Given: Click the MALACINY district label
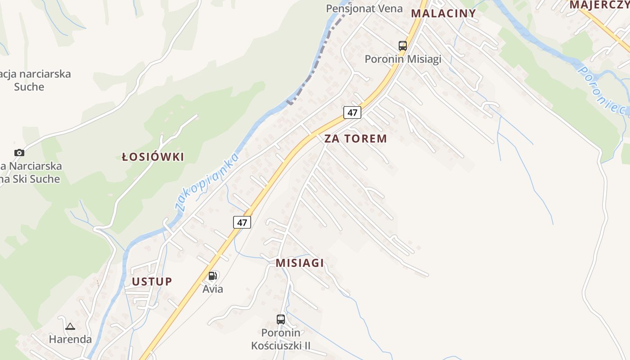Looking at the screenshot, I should click(x=443, y=13).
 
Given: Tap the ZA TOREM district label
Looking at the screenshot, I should click(x=355, y=139).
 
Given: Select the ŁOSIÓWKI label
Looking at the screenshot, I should click(x=153, y=157).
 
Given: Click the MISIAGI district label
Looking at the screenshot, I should click(x=300, y=263).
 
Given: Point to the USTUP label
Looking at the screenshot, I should click(x=152, y=282).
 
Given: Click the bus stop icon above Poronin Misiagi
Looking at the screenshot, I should click(x=402, y=45).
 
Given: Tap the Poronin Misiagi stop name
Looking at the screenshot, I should click(x=403, y=59).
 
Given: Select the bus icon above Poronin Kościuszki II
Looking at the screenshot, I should click(x=281, y=319).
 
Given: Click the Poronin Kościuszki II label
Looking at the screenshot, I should click(x=281, y=339).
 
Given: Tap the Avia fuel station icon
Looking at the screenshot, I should click(x=212, y=276).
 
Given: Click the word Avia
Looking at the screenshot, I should click(x=212, y=289).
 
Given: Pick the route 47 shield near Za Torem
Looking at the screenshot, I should click(x=352, y=112).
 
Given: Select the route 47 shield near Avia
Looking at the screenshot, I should click(x=242, y=222).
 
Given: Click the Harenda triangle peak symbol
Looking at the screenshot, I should click(x=70, y=327).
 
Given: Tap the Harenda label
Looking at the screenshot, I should click(x=70, y=339).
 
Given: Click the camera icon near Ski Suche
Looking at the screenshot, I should click(x=19, y=153).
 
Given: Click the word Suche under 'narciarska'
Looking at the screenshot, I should click(x=29, y=87).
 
